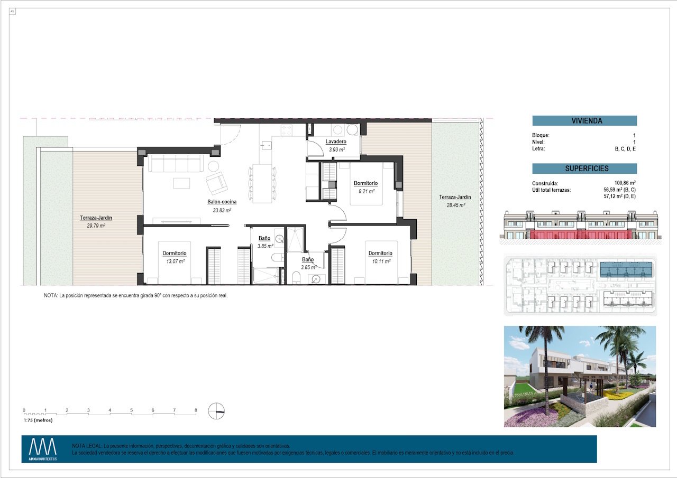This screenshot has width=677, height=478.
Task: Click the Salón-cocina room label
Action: point(222,202)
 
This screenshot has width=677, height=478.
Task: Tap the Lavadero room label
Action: point(336,142)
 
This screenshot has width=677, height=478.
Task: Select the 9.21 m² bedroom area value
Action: point(366,191)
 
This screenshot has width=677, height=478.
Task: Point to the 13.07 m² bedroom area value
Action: point(174,261)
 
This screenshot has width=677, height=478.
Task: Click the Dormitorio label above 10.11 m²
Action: point(380,254)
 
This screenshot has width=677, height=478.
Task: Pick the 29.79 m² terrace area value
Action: point(96,226)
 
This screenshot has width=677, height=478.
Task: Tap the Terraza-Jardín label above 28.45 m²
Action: point(454,198)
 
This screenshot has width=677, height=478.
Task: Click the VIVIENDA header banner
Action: point(584,121)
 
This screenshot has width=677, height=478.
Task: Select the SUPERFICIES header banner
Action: point(584,169)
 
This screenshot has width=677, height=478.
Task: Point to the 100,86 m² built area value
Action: point(624,183)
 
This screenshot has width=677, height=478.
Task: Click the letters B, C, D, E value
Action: point(625,149)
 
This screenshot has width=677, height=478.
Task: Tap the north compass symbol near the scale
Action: point(216,411)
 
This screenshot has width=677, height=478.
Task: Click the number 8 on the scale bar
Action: point(196,410)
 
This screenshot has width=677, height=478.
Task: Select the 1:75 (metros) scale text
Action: point(38,420)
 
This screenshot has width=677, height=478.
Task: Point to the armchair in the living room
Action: point(217,183)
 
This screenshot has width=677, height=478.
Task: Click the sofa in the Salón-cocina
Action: point(175,163)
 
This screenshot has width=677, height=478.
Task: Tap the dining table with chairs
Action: point(262,183)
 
